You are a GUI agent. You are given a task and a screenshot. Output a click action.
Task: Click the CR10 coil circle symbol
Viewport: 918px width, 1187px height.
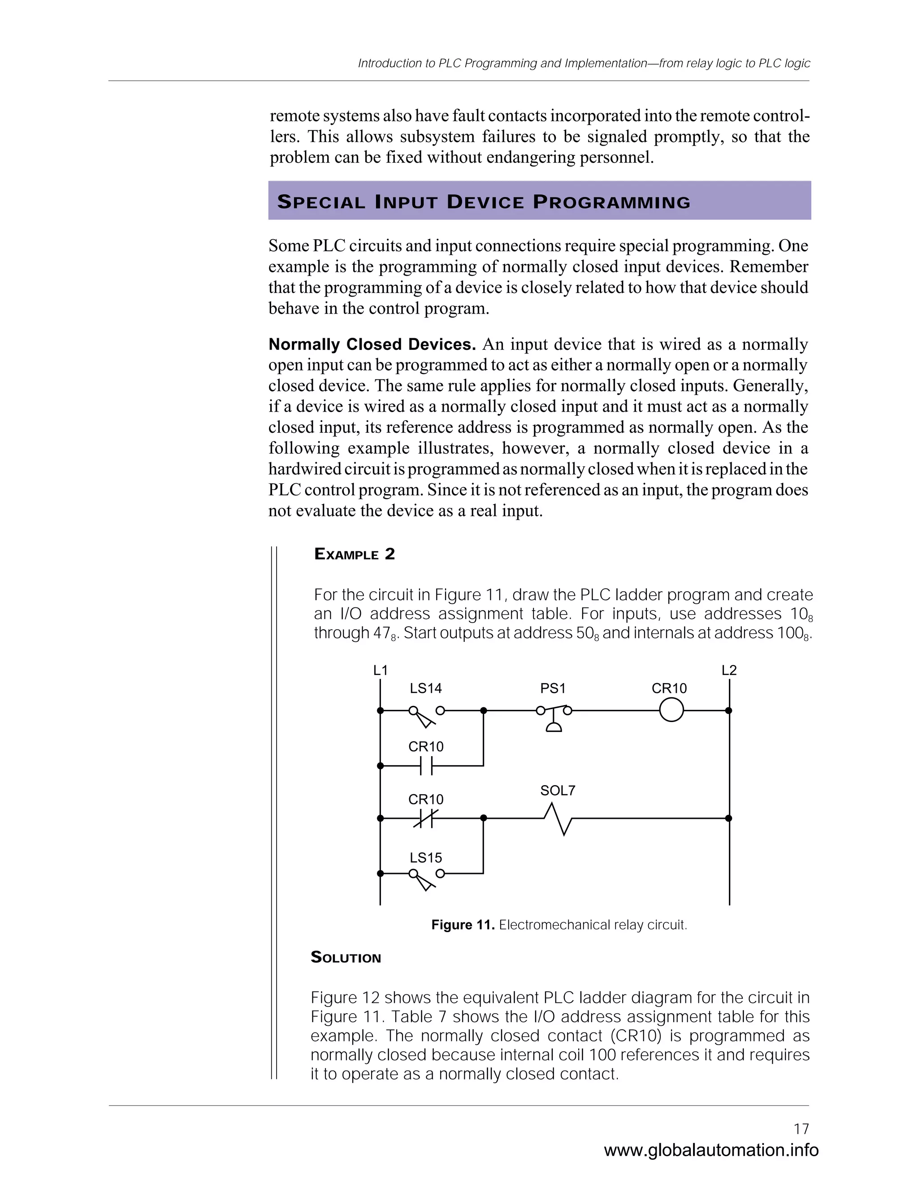671,710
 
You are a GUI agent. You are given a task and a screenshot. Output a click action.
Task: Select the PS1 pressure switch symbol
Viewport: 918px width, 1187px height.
554,716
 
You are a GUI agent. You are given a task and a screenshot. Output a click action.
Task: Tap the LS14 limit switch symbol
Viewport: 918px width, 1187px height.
426,715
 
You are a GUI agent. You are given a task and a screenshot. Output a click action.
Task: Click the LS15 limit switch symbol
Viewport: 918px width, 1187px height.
426,878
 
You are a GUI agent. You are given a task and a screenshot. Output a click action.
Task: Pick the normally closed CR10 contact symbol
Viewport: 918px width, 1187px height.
426,818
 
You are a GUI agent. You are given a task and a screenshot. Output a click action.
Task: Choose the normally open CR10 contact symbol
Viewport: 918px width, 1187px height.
426,766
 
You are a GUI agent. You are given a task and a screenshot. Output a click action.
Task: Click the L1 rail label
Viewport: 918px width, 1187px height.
380,670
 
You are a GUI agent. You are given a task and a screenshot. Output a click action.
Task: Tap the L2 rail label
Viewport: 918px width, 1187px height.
729,670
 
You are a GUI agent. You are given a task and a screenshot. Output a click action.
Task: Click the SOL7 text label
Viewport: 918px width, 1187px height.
558,790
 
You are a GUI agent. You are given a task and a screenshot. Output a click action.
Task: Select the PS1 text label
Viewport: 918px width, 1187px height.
553,688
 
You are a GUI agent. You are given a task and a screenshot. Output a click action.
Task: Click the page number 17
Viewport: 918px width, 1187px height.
801,1129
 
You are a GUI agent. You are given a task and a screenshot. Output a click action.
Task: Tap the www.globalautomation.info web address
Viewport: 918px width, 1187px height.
711,1150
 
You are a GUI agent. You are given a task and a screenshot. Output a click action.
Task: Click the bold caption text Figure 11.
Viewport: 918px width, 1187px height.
462,925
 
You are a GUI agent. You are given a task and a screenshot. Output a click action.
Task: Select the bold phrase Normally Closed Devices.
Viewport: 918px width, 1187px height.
372,344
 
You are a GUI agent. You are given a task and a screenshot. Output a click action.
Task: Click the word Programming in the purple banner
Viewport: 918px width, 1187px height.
611,202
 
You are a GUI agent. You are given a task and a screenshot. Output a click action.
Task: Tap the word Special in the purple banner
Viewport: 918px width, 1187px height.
321,202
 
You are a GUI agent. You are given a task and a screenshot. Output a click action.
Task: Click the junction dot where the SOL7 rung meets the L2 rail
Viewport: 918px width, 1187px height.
729,818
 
